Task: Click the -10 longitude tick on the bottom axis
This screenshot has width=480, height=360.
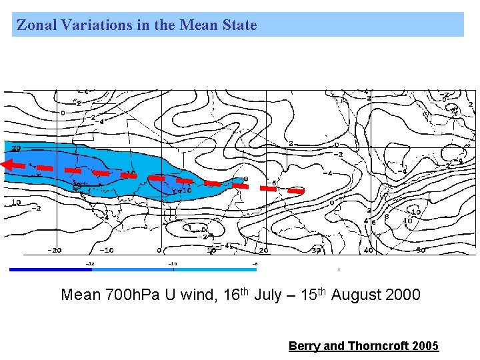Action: coord(106,250)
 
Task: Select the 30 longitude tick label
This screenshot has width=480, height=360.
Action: coord(316,250)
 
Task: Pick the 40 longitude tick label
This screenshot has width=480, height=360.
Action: coord(369,250)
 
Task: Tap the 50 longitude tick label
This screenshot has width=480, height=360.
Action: coord(420,250)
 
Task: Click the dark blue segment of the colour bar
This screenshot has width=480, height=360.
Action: coord(50,269)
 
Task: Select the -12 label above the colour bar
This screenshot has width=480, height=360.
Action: coord(91,263)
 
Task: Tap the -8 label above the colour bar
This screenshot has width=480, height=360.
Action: coord(255,263)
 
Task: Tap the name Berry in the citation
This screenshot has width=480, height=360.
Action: coord(304,345)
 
